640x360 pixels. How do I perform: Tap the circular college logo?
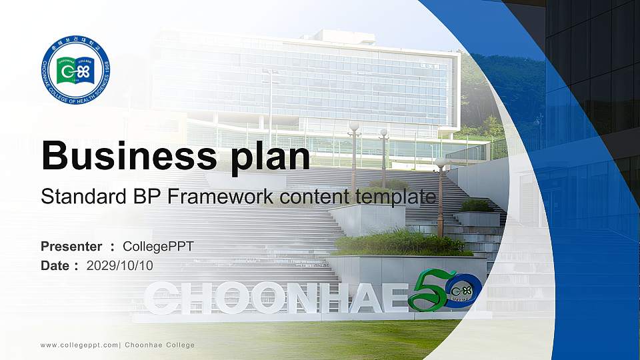click(x=75, y=69)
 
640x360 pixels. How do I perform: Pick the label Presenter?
click(x=71, y=247)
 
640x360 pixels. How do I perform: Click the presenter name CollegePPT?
click(x=158, y=247)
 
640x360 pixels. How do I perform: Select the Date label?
click(x=55, y=265)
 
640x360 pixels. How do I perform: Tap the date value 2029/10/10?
click(x=120, y=265)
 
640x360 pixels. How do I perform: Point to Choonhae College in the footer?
click(x=160, y=345)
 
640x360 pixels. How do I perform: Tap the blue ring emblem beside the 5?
click(x=463, y=291)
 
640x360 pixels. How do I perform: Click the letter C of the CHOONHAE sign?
click(x=160, y=298)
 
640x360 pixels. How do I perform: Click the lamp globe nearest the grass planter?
click(x=440, y=163)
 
